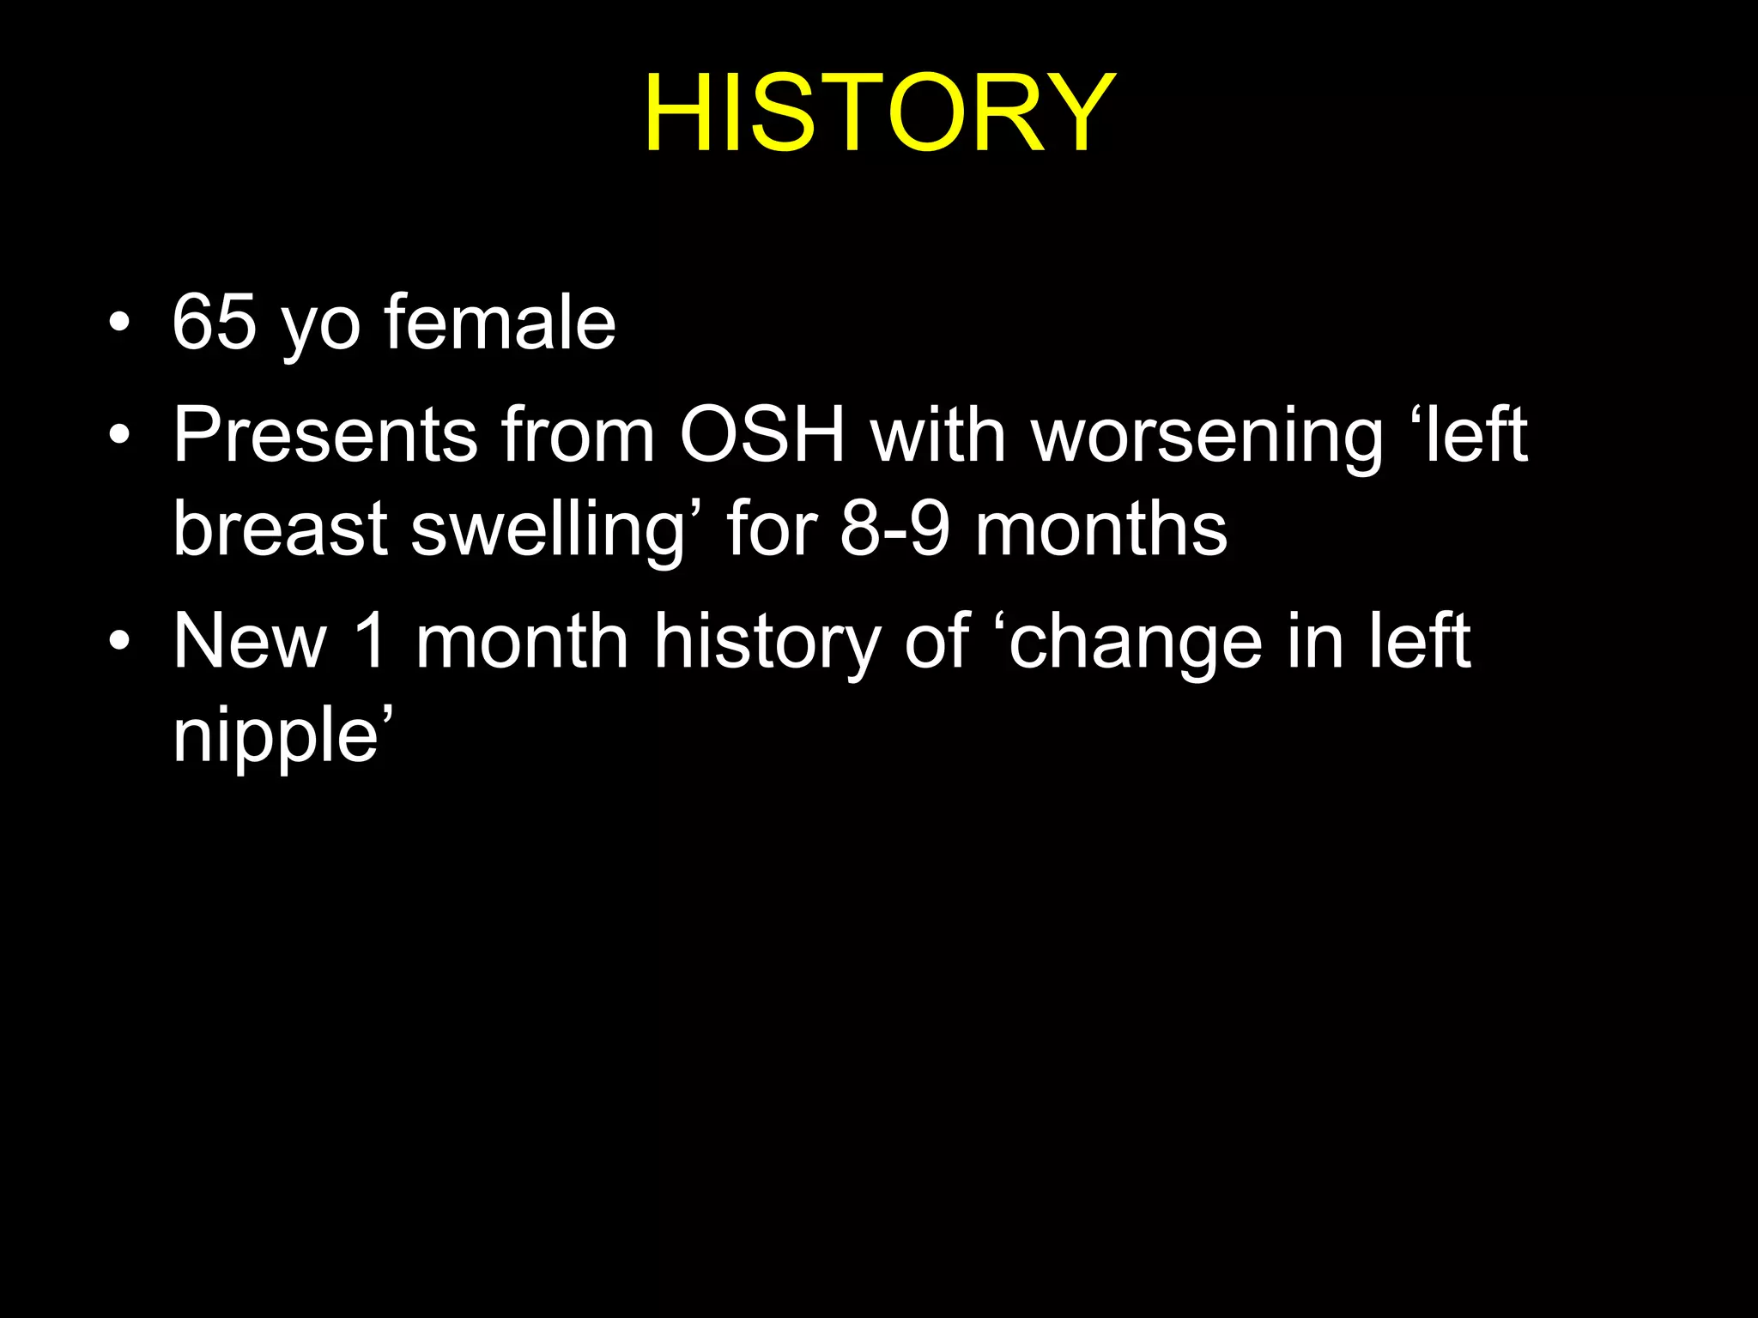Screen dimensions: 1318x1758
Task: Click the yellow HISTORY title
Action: [x=879, y=113]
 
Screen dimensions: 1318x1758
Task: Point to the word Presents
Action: [x=324, y=435]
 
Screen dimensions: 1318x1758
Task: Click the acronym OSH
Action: [x=762, y=435]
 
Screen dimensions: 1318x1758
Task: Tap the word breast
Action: [x=280, y=529]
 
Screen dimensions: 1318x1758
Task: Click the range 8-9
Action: [x=894, y=529]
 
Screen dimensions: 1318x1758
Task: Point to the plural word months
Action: [x=1101, y=529]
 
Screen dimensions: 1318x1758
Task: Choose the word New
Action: [x=250, y=641]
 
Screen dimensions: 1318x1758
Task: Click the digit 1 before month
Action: [x=371, y=641]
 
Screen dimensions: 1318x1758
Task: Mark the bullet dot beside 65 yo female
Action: [x=120, y=323]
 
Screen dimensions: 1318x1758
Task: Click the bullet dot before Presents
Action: [x=120, y=436]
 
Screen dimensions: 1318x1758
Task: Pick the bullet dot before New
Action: [x=120, y=642]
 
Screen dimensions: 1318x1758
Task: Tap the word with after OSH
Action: [x=938, y=435]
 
